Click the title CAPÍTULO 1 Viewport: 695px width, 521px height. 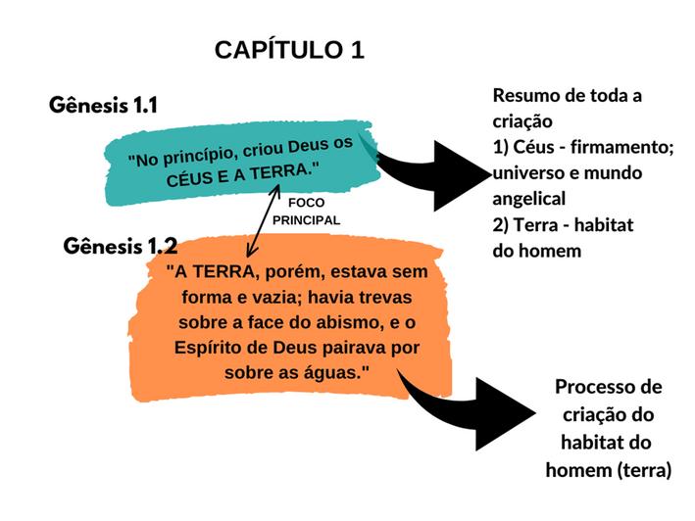pyautogui.click(x=289, y=51)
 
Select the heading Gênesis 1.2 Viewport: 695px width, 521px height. pyautogui.click(x=121, y=245)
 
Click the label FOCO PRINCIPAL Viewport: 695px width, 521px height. pyautogui.click(x=306, y=213)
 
